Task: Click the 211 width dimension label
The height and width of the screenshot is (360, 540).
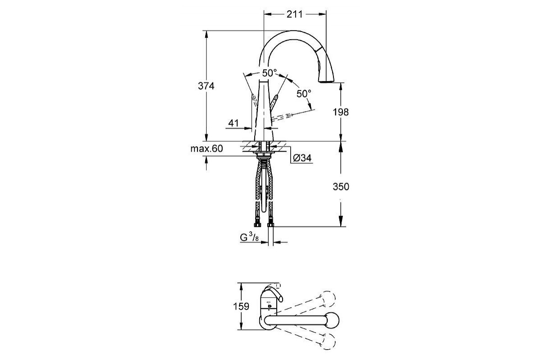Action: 295,13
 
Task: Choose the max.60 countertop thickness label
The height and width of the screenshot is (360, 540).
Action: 207,148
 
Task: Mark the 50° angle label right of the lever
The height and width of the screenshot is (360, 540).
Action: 304,94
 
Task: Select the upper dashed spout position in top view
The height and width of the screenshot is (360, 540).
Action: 328,300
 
